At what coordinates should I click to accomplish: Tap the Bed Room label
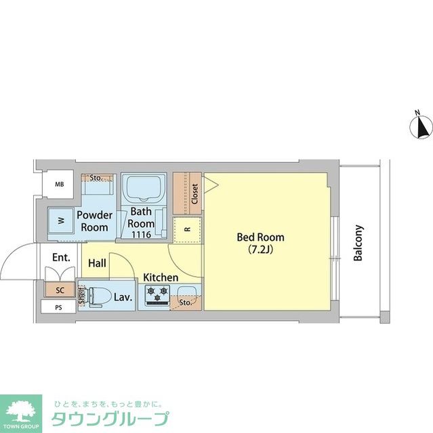[x=260, y=237]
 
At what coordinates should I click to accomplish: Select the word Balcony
[x=358, y=243]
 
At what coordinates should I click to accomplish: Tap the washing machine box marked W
[x=61, y=221]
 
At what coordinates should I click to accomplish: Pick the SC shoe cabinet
[x=60, y=290]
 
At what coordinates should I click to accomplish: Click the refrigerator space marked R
[x=187, y=229]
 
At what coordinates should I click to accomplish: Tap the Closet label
[x=195, y=194]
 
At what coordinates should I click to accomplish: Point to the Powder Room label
[x=94, y=221]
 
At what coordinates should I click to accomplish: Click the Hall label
[x=97, y=263]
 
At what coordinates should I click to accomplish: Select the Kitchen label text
[x=161, y=277]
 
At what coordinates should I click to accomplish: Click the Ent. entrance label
[x=62, y=257]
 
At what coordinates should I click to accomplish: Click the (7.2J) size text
[x=260, y=250]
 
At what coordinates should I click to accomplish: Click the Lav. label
[x=123, y=296]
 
